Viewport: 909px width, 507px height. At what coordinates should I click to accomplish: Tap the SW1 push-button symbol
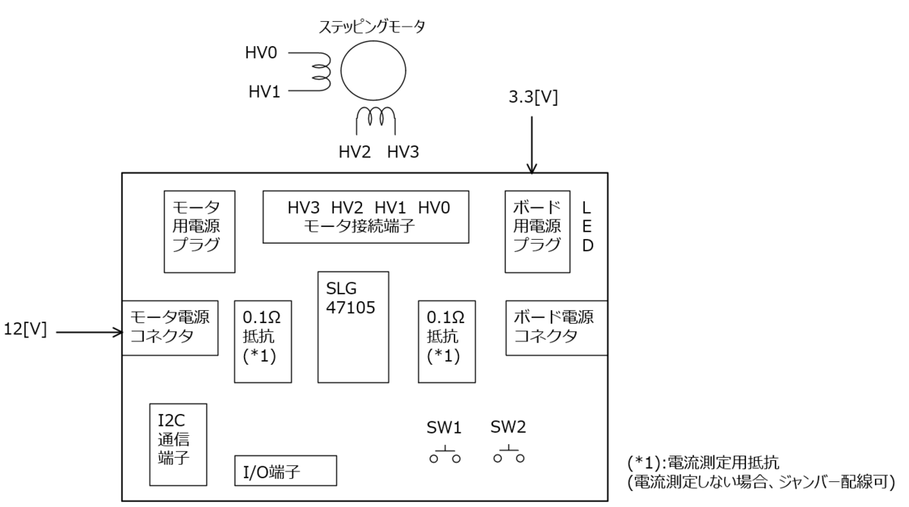445,455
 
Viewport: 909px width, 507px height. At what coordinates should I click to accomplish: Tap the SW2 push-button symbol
509,455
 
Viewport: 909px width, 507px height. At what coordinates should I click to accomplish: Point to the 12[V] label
25,329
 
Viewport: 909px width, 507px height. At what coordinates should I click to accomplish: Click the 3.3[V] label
533,98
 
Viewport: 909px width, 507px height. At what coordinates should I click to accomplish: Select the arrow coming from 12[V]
89,332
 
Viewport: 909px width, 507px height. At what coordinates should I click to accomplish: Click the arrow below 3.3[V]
532,145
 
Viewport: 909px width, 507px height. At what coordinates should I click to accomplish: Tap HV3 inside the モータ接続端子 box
304,208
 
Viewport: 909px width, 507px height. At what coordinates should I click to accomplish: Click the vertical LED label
587,226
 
